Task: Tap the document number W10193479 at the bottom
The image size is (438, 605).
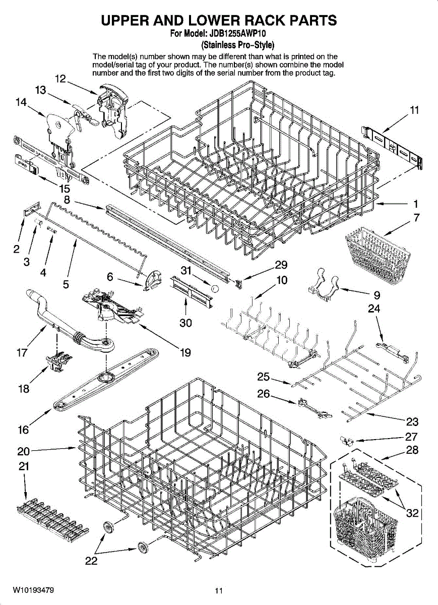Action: click(34, 590)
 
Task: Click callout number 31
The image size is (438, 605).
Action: click(187, 271)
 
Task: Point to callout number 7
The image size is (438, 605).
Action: click(416, 218)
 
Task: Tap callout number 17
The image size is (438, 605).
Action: click(22, 353)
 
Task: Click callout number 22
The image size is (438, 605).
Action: click(91, 562)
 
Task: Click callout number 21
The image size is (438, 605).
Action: click(23, 466)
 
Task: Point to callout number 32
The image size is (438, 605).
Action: click(413, 513)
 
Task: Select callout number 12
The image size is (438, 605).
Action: click(60, 79)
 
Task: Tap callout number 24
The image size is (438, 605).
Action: click(373, 308)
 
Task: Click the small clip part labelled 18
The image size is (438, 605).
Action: click(56, 362)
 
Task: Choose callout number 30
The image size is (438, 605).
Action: click(186, 323)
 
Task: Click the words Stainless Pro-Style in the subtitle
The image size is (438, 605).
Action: click(237, 44)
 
